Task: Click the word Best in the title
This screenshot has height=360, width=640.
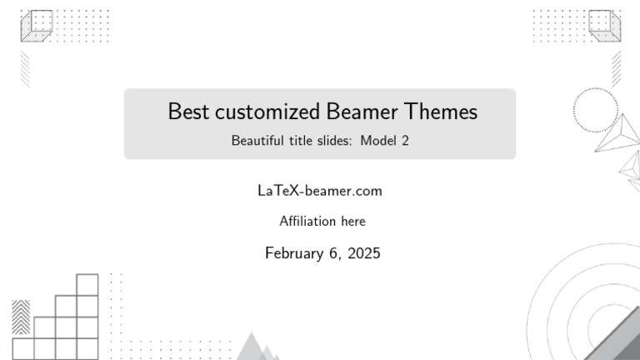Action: pos(188,111)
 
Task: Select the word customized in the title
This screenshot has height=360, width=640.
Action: pos(267,111)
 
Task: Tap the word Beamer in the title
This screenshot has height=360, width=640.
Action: pos(362,111)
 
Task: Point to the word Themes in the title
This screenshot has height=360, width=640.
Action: pos(441,111)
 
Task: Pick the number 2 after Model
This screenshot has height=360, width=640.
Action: pos(405,141)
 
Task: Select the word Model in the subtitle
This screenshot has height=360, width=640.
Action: pos(378,140)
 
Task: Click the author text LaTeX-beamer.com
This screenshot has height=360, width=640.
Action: pos(320,191)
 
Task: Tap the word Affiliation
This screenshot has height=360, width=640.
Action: pos(307,221)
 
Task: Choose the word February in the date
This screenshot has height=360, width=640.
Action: pos(294,253)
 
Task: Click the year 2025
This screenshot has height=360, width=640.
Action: pos(364,253)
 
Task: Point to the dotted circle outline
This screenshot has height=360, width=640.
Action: pos(596,87)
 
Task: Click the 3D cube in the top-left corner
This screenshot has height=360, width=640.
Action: pos(37,26)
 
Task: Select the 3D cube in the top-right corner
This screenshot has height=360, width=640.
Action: pos(605,26)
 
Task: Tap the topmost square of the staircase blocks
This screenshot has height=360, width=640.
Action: pos(87,284)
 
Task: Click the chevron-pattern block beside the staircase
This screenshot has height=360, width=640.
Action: pos(21,317)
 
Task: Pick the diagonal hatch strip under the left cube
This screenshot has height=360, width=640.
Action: pos(25,69)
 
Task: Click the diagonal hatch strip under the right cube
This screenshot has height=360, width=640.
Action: pos(617,69)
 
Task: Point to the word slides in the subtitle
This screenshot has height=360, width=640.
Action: pos(332,140)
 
